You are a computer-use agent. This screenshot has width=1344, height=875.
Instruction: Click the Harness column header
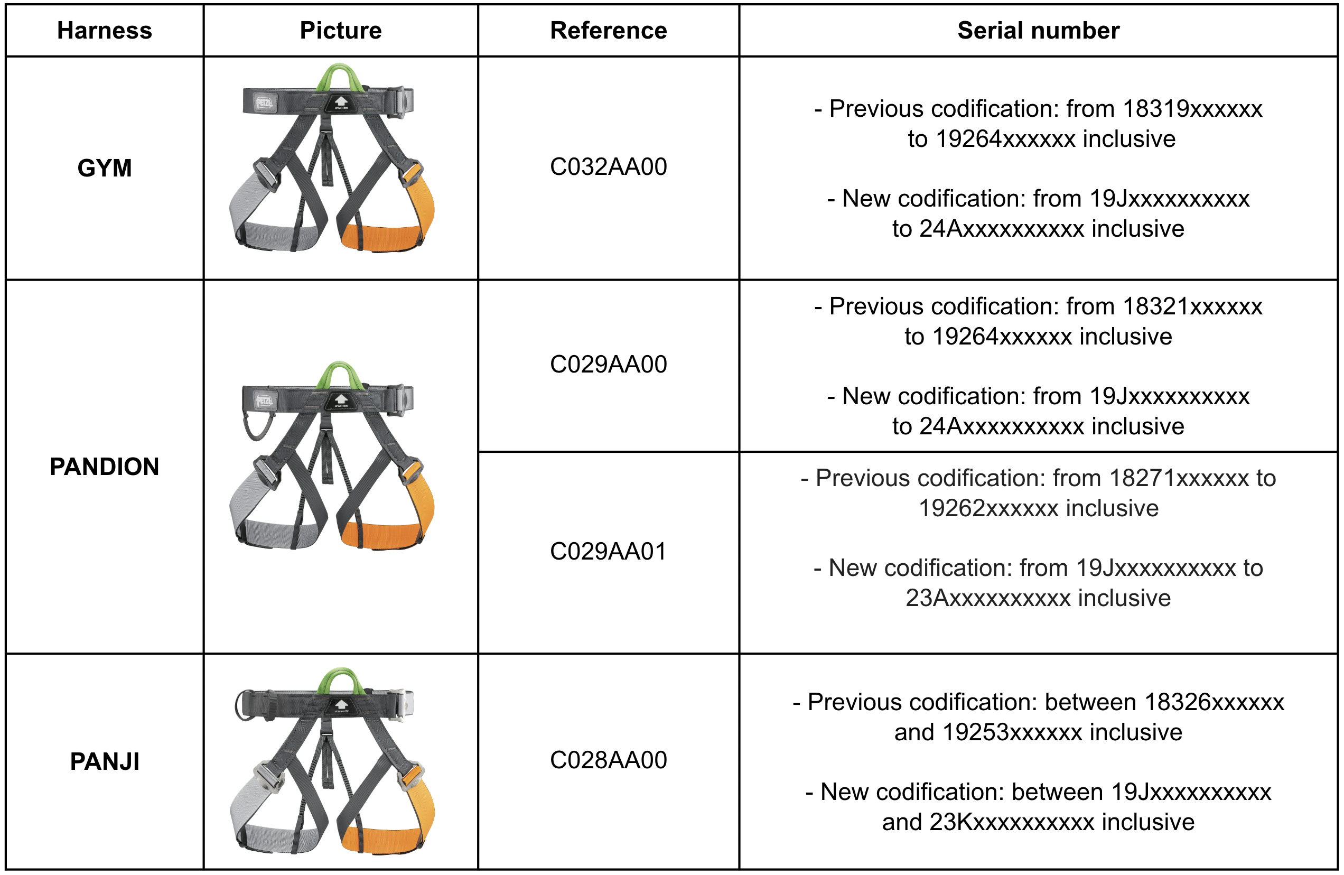click(105, 31)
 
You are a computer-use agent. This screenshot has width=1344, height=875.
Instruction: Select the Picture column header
click(341, 31)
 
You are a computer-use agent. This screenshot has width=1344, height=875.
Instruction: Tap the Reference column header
click(608, 31)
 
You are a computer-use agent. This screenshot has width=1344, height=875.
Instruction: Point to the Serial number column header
click(1038, 31)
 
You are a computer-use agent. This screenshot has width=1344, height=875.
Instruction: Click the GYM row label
click(105, 168)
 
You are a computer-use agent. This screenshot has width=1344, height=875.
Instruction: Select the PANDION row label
click(105, 467)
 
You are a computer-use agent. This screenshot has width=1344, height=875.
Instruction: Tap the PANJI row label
click(105, 761)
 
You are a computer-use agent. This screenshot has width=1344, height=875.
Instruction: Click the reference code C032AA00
click(608, 166)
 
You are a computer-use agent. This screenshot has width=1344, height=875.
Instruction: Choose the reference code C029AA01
click(608, 551)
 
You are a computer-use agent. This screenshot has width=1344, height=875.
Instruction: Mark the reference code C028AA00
click(608, 760)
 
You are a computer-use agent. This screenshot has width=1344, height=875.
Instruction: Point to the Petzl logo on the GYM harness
click(264, 103)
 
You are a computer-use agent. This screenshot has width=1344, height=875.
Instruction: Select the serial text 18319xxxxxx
click(1192, 109)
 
